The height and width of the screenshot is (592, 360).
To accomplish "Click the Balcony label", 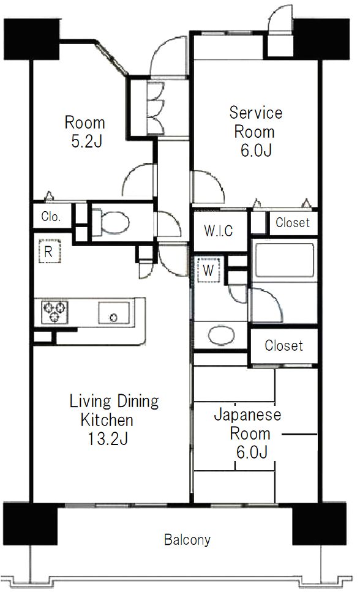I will [187, 540].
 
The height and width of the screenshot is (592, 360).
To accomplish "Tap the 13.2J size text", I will [107, 438].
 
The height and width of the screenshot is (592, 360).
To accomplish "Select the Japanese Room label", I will [247, 424].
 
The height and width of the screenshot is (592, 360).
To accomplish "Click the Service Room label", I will [255, 122].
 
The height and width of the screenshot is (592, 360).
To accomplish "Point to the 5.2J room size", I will [84, 142].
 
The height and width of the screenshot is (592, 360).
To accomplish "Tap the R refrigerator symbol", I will [48, 252].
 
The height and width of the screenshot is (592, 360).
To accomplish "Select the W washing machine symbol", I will [208, 270].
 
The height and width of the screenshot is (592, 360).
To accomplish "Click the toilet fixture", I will [113, 223].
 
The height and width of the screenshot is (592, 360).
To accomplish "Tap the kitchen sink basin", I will [113, 314].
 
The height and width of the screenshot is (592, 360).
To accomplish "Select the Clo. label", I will [50, 216].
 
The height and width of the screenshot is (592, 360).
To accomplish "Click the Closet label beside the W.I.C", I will [292, 223].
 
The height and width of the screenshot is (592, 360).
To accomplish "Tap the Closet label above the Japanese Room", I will [283, 346].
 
